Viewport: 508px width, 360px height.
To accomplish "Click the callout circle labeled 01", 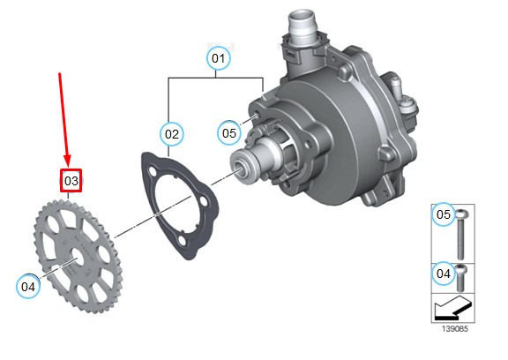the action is [219, 58].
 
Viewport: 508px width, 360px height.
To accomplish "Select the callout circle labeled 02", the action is [172, 134].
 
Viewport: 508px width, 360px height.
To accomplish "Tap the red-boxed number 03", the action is [71, 181].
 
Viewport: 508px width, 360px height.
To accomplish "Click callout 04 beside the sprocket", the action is [28, 287].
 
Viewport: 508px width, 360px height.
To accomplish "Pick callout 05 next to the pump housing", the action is [229, 133].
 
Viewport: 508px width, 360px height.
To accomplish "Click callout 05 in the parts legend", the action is [444, 214].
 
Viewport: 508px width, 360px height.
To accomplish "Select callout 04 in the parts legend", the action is [444, 274].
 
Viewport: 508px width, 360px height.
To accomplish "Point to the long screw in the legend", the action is [460, 235].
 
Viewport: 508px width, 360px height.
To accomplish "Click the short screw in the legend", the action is [460, 278].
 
